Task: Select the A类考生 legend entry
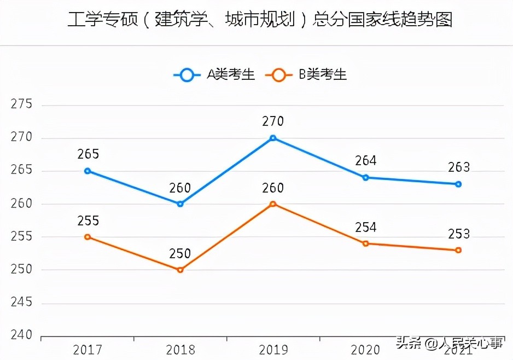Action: pyautogui.click(x=215, y=75)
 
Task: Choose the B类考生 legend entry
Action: pyautogui.click(x=306, y=75)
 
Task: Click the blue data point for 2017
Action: pyautogui.click(x=88, y=171)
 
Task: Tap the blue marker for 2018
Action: pyautogui.click(x=180, y=204)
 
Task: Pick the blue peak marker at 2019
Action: pyautogui.click(x=273, y=138)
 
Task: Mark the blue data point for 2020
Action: pyautogui.click(x=366, y=177)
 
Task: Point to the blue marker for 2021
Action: pyautogui.click(x=458, y=184)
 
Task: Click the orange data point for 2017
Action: pyautogui.click(x=88, y=237)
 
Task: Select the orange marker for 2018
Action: pyautogui.click(x=180, y=270)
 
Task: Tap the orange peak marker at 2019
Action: pyautogui.click(x=273, y=204)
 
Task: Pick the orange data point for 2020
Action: pyautogui.click(x=366, y=243)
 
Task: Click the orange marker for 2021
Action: pyautogui.click(x=458, y=250)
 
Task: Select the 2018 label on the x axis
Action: pyautogui.click(x=180, y=350)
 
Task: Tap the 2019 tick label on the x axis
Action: pyautogui.click(x=273, y=350)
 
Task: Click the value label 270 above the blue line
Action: pyautogui.click(x=273, y=121)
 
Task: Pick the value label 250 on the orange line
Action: pyautogui.click(x=180, y=254)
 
